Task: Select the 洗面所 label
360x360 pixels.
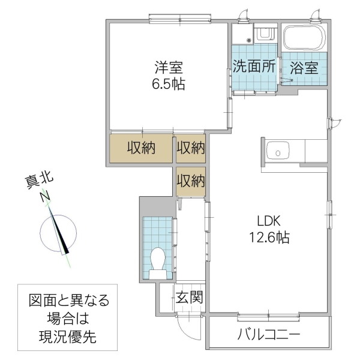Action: pos(255,67)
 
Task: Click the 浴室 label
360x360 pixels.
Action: pos(304,67)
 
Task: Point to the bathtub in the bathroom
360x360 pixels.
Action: pos(304,38)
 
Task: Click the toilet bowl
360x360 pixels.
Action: pos(158,260)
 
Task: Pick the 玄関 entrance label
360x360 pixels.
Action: pos(189,296)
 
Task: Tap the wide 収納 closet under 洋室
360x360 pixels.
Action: pos(141,148)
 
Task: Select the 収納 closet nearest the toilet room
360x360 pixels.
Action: pos(191,179)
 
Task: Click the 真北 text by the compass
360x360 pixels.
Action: pos(38,179)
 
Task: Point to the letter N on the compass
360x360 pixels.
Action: pos(45,196)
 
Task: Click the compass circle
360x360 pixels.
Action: pos(58,235)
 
